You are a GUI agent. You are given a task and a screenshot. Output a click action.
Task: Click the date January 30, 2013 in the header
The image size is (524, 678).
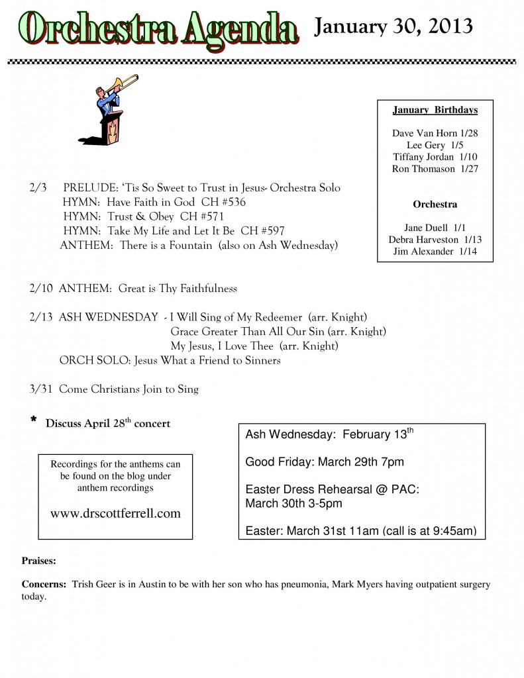[x=393, y=26]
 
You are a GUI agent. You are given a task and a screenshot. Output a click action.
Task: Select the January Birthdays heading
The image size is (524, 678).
[x=435, y=110]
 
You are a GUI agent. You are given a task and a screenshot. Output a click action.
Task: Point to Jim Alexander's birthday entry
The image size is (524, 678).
[x=435, y=252]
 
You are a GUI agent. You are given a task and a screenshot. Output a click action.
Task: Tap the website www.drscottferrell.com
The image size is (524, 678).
[x=115, y=513]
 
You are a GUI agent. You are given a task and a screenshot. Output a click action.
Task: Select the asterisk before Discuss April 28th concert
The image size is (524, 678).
[x=33, y=422]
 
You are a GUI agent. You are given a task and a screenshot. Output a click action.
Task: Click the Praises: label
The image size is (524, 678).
[x=39, y=561]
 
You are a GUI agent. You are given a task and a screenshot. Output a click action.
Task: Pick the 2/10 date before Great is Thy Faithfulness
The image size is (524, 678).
[x=41, y=289]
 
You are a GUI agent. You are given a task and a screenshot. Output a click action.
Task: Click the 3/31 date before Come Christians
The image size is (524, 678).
[x=41, y=389]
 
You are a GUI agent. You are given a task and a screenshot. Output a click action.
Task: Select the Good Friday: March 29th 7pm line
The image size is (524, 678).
[x=325, y=462]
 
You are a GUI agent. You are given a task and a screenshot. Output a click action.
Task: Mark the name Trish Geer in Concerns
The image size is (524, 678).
[x=97, y=585]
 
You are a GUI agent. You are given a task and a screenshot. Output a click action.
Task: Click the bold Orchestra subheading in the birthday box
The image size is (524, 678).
[x=435, y=205]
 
